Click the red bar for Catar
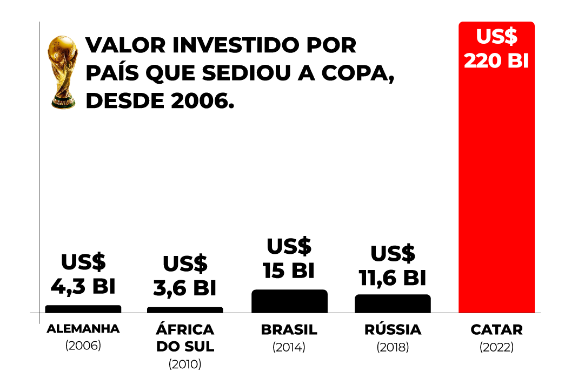click(496, 189)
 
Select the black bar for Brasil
click(289, 301)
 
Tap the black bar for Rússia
click(393, 303)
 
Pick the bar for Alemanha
click(83, 309)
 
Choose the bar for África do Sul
click(185, 310)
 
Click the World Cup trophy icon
click(63, 72)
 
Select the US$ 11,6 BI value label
click(393, 266)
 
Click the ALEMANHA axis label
click(83, 329)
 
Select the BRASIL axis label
click(289, 329)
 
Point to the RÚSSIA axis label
click(393, 329)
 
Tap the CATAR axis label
click(496, 329)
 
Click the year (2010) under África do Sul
click(185, 364)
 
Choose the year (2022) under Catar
click(496, 347)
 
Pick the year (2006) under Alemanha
click(83, 346)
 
